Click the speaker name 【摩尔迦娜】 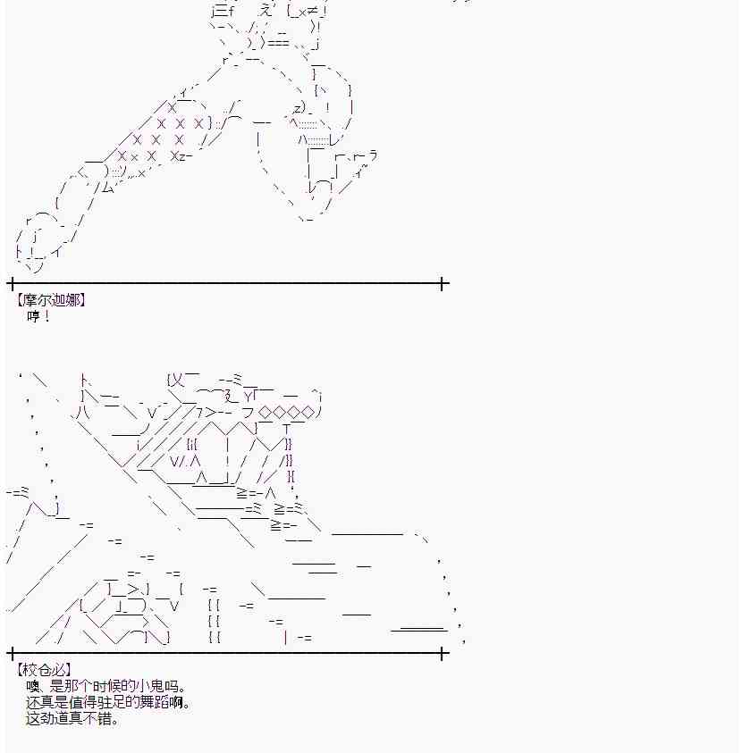50,301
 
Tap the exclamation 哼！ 39,316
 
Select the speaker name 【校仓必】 43,669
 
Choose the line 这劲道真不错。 72,719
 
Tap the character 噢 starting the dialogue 33,686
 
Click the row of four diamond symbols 286,412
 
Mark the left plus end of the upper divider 12,283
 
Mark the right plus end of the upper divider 443,283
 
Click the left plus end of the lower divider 12,653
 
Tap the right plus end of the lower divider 443,653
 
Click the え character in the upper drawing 266,10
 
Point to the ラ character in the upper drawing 373,155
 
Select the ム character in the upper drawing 108,188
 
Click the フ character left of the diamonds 248,412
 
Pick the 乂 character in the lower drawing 178,381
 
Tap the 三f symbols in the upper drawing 224,11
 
